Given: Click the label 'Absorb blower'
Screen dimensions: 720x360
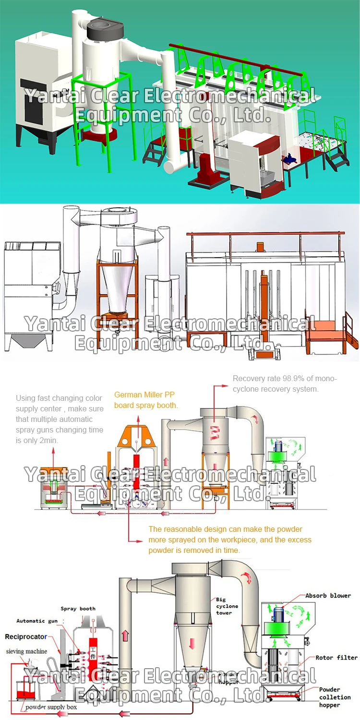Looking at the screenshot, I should pos(328,596).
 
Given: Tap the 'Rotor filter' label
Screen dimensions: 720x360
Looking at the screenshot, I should pos(336,658).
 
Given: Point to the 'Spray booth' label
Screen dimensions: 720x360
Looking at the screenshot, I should pos(78,609).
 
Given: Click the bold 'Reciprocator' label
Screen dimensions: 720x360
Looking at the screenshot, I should pos(26,637).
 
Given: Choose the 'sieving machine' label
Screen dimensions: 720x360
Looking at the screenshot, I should pos(26,651).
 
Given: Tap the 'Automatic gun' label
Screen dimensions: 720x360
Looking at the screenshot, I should pos(37,621).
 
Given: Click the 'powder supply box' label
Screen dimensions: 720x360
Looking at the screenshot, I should pos(51,707).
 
